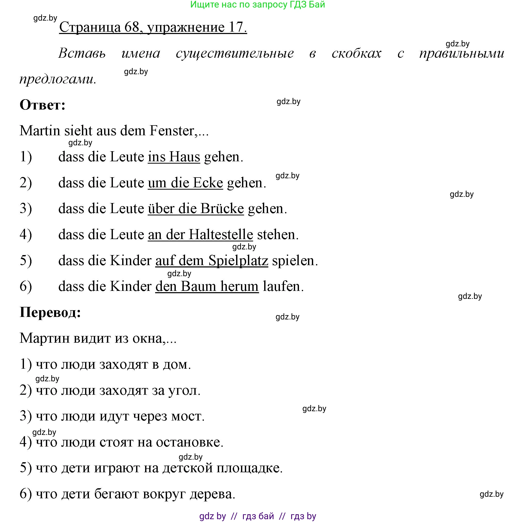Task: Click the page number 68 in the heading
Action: pyautogui.click(x=132, y=27)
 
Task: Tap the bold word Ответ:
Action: pyautogui.click(x=43, y=105)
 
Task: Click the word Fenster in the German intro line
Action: pyautogui.click(x=172, y=131)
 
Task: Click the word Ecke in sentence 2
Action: pyautogui.click(x=207, y=183)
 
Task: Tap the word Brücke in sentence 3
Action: pyautogui.click(x=222, y=209)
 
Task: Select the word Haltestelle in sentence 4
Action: pyautogui.click(x=221, y=234)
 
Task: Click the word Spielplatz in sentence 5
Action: pyautogui.click(x=238, y=260)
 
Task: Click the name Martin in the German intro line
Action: pyautogui.click(x=40, y=131)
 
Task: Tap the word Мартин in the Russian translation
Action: pyautogui.click(x=45, y=338)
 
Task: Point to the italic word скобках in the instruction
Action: pyautogui.click(x=356, y=53)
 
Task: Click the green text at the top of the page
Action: pyautogui.click(x=257, y=5)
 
